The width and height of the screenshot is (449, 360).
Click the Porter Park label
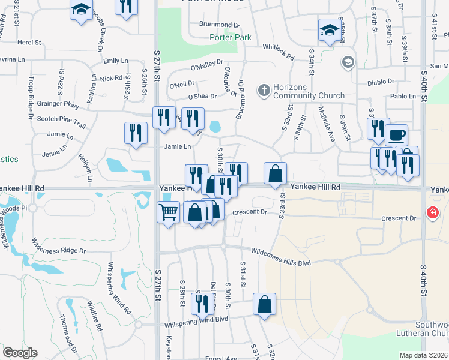coord(229,37)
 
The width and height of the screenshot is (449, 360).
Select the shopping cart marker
coord(168,211)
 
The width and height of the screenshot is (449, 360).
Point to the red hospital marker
coord(432,212)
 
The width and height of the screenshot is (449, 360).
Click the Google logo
coord(20,353)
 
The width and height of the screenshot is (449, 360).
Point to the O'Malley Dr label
coord(207,65)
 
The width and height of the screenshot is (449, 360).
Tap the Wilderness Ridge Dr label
coord(59,247)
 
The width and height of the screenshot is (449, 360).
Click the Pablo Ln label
coord(403,96)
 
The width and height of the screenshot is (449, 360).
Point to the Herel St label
coord(29,43)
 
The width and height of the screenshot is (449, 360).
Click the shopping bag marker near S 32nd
coord(264,304)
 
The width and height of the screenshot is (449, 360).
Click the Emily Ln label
coord(116,61)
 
